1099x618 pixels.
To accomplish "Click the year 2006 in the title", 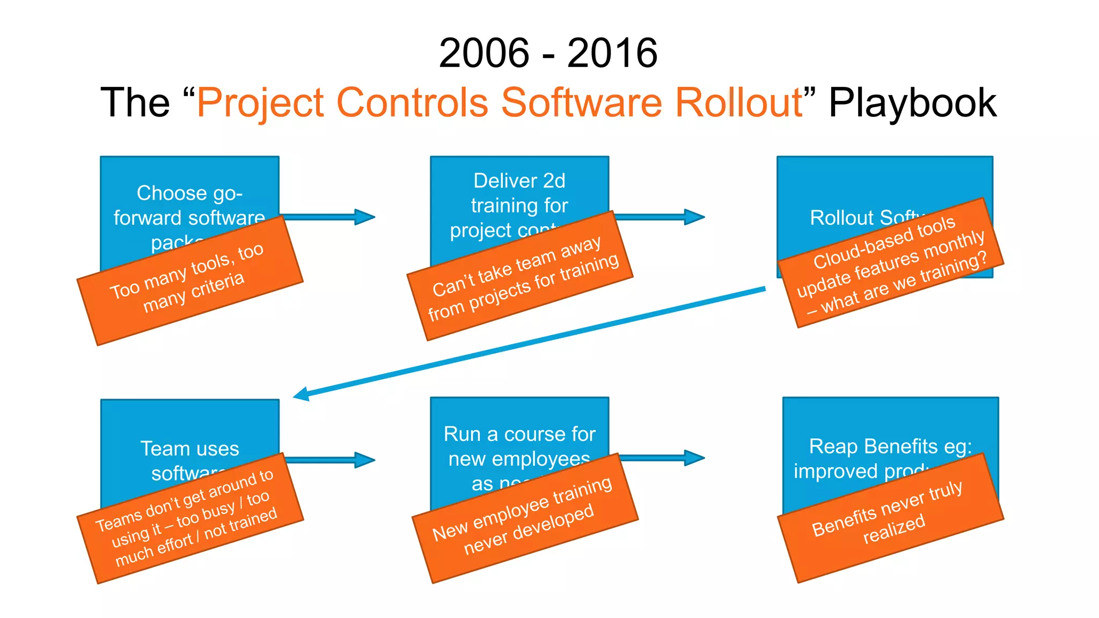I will pos(484,53).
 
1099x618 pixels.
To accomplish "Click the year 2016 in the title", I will pos(612,53).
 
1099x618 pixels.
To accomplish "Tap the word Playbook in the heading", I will pos(912,102).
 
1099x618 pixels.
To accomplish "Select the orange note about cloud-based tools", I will pos(891,263).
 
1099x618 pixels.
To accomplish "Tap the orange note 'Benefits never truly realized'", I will pos(891,518).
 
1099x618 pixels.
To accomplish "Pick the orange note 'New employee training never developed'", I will pos(525,518).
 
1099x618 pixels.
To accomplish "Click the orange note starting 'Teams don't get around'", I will pos(190,518).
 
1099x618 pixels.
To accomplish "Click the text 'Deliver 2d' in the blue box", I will pos(519,181).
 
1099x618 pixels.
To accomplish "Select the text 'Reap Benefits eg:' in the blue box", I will pos(890,446).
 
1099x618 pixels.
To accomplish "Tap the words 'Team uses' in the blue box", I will pos(190,448).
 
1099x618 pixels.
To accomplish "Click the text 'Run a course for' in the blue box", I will pos(519,434).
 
